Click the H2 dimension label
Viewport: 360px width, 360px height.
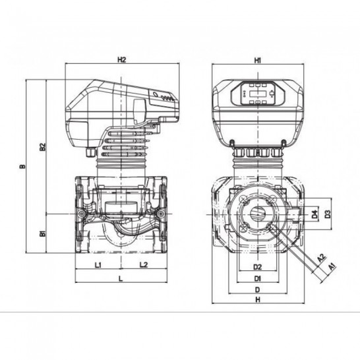point(122,60)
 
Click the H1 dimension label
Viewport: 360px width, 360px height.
point(258,61)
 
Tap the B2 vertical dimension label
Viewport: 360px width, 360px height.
point(43,147)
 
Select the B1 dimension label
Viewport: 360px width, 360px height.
point(43,234)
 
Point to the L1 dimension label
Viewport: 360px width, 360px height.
point(98,265)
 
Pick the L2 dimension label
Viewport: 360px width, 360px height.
point(144,264)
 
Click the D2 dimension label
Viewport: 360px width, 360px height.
point(258,267)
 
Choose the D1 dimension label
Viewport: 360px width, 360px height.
point(258,279)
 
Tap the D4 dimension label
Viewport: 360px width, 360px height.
point(315,214)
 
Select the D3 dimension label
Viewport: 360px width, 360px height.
point(328,214)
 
